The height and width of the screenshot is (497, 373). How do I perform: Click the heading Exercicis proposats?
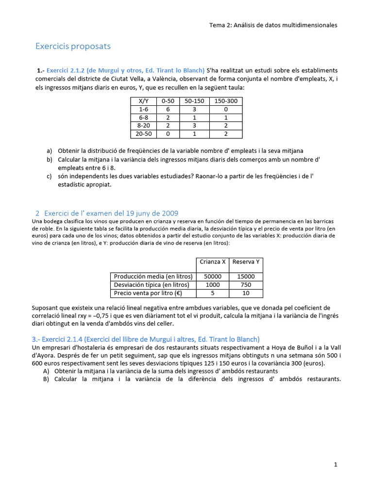[x=73, y=47]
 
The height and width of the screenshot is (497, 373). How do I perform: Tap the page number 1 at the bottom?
[x=336, y=464]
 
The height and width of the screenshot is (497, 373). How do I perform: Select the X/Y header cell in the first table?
[x=144, y=101]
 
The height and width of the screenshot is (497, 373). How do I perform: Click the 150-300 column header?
[x=225, y=101]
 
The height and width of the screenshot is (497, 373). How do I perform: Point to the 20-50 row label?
[x=144, y=133]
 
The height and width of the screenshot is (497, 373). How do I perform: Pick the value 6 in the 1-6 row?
[x=168, y=109]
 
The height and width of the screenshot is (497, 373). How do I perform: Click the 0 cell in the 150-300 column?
[x=225, y=109]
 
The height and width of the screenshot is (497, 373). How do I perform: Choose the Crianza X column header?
[x=213, y=262]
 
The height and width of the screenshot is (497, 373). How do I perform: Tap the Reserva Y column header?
[x=246, y=262]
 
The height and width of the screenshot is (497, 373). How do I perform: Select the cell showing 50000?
[x=213, y=277]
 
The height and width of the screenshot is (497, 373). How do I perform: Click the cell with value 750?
[x=246, y=285]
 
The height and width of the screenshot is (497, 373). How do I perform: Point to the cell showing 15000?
[x=246, y=277]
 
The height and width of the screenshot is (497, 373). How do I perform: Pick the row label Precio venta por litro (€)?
[x=146, y=293]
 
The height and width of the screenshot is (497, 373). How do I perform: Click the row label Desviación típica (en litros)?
[x=152, y=285]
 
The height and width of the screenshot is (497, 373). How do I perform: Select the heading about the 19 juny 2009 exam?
[x=111, y=213]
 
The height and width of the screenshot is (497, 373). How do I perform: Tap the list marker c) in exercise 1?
[x=49, y=176]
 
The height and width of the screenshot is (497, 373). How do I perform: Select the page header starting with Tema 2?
[x=273, y=25]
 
